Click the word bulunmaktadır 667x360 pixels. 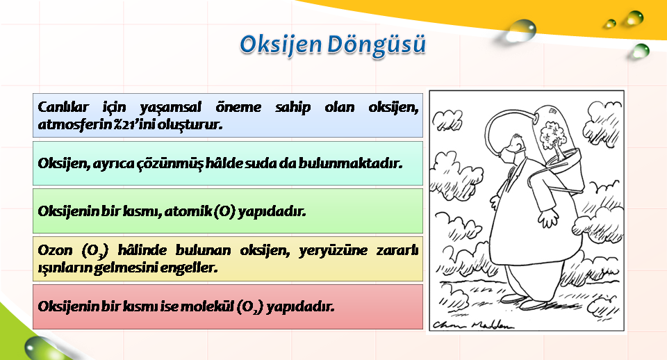(349, 163)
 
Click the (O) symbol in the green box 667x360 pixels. (224, 211)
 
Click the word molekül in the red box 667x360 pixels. (208, 306)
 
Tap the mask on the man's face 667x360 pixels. (509, 154)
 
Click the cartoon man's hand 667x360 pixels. (548, 218)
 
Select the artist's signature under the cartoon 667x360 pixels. (473, 325)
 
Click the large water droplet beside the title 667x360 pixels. (521, 31)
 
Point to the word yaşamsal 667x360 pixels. (170, 108)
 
